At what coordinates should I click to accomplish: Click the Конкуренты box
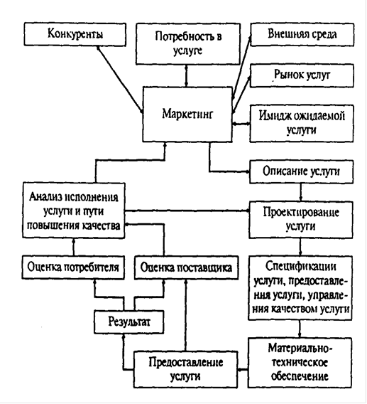point(75,35)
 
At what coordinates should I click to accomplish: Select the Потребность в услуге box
point(188,44)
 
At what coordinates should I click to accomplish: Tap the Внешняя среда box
point(302,35)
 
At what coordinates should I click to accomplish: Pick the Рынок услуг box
point(302,75)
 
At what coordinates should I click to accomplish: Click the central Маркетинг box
point(187,115)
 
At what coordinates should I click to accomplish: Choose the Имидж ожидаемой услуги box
point(302,123)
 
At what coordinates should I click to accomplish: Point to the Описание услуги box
point(302,171)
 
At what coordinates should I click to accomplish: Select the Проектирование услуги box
point(301,220)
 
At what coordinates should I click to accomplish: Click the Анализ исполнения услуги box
point(74,211)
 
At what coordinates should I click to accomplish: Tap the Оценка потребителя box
point(73,267)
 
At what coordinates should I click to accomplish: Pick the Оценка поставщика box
point(187,267)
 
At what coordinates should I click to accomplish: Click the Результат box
point(129,322)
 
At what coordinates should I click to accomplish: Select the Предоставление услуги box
point(185,369)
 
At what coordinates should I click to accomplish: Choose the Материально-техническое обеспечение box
point(300,363)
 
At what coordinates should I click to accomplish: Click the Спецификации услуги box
point(300,288)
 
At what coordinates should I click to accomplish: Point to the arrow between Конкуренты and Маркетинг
point(120,80)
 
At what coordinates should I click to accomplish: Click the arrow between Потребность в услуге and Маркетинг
point(187,75)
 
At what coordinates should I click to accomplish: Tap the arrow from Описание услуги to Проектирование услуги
point(301,192)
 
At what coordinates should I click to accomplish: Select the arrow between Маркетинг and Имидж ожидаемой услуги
point(241,124)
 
